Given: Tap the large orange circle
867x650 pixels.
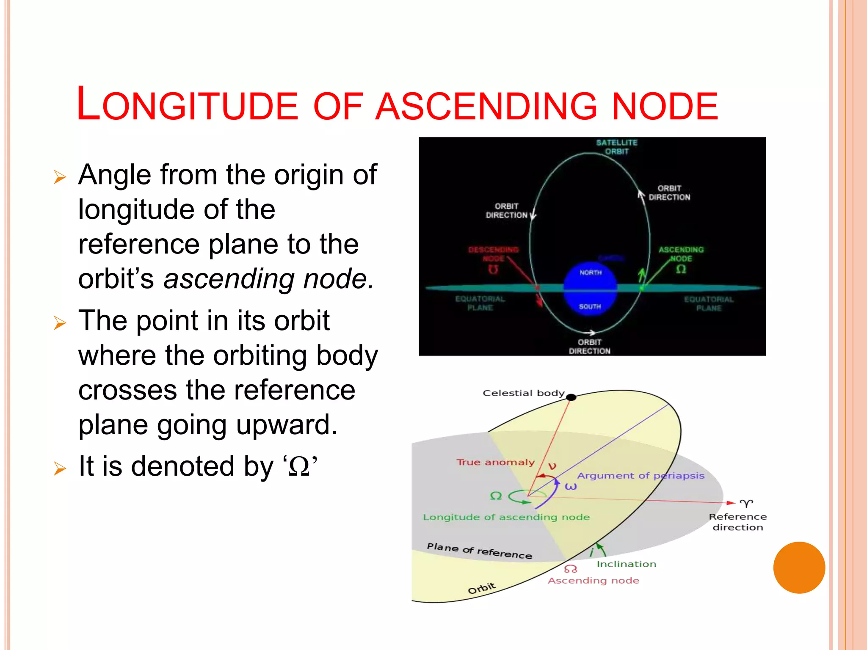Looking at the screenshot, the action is click(x=799, y=567).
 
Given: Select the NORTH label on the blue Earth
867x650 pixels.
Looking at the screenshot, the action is click(x=591, y=273).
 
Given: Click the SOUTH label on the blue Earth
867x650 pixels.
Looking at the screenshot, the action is click(x=590, y=306).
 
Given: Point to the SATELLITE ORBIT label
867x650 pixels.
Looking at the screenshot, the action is click(x=617, y=147).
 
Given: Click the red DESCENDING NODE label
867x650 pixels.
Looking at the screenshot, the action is click(x=493, y=254).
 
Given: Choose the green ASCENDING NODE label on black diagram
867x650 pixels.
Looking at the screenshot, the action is click(x=681, y=254).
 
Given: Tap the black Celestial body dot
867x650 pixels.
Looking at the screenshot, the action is click(x=571, y=397).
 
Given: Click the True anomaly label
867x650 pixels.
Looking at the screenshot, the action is click(x=495, y=462).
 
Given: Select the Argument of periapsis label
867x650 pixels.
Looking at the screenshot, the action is click(x=641, y=476).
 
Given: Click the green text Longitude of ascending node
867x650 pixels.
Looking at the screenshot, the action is click(x=506, y=517).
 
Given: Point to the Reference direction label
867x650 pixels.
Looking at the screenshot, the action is click(x=737, y=522).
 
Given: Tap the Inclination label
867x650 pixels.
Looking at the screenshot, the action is click(x=626, y=564).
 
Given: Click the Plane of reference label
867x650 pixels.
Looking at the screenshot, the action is click(x=479, y=551).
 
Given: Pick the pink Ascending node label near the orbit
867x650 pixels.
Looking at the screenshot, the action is click(x=594, y=581).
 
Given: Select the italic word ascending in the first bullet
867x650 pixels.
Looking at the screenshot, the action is click(x=229, y=279).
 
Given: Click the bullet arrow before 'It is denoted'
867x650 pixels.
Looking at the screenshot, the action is click(x=60, y=469).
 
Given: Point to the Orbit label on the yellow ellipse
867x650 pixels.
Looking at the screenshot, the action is click(x=482, y=588).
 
